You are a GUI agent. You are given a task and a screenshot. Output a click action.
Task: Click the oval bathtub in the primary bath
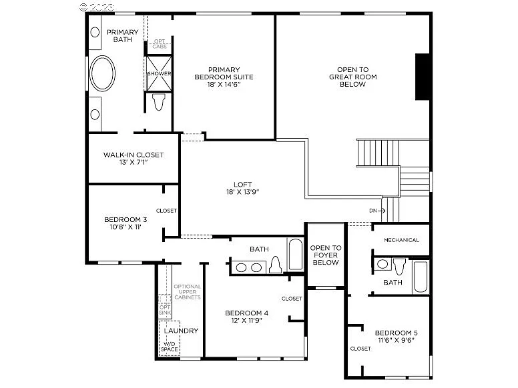click(x=103, y=74)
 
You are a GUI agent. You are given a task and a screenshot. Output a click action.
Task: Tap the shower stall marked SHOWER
click(x=160, y=73)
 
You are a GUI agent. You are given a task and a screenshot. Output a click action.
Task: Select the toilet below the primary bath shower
click(x=159, y=102)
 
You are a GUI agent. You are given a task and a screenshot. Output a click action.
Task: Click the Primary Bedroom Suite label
click(x=223, y=77)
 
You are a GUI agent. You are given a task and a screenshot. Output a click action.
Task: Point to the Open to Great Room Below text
click(x=352, y=77)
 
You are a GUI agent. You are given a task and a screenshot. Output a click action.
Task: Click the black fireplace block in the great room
click(x=423, y=75)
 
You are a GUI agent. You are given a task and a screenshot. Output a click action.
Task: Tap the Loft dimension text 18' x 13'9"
click(x=242, y=192)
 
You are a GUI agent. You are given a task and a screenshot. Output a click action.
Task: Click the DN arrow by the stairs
click(x=377, y=211)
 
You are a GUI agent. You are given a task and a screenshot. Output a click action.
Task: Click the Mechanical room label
click(x=401, y=240)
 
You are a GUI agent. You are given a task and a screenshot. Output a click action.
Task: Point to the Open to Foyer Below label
click(x=325, y=255)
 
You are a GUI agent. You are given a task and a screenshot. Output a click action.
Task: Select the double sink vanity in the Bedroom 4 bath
click(x=249, y=267)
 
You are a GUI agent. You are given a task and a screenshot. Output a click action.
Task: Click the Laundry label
click(x=180, y=331)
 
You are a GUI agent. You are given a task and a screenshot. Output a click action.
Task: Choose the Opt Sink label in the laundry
click(x=164, y=309)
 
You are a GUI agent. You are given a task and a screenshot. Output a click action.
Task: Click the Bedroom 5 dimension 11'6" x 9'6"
click(x=396, y=340)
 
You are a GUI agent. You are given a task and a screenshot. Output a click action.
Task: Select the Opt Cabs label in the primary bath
click(x=160, y=44)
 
